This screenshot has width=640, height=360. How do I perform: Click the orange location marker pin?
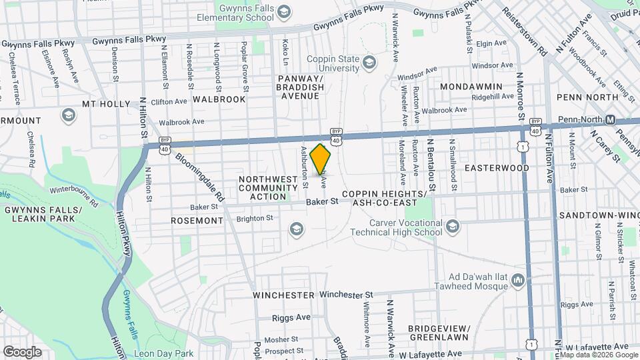(x=321, y=159)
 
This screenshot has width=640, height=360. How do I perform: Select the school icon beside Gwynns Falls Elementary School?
(x=284, y=13)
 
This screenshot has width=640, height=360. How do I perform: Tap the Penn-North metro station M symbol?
(x=609, y=119)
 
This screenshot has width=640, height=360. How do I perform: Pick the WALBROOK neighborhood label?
(x=219, y=99)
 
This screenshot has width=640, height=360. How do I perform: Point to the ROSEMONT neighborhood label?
(x=196, y=220)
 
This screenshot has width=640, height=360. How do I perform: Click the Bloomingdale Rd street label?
(x=199, y=176)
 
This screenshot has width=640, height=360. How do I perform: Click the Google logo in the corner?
(x=22, y=351)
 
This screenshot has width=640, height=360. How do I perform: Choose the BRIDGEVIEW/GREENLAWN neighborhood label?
(x=439, y=333)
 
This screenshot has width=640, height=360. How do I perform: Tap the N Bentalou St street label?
(x=431, y=167)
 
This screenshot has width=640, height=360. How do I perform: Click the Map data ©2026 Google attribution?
(x=598, y=355)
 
